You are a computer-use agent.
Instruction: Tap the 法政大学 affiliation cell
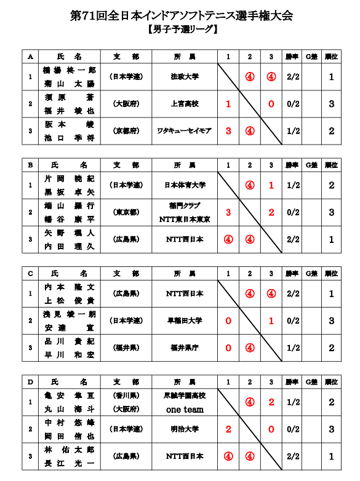click(184, 77)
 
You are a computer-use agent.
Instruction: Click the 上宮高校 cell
click(184, 104)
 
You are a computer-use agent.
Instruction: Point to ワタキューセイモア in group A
click(184, 131)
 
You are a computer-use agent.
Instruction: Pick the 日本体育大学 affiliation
click(184, 185)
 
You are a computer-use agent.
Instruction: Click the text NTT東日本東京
click(184, 219)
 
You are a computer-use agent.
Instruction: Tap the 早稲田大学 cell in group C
click(184, 320)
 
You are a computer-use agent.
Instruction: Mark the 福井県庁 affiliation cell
click(184, 348)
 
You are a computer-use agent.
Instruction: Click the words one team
click(184, 409)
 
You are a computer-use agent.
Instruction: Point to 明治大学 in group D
click(184, 429)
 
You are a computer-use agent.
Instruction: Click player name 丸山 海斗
click(69, 409)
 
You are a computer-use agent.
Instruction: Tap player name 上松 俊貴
click(69, 301)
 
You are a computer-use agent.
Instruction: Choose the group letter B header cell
click(30, 165)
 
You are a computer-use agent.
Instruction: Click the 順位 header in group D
click(331, 382)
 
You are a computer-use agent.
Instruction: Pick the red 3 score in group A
click(228, 131)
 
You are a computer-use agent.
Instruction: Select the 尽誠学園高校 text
click(184, 396)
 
